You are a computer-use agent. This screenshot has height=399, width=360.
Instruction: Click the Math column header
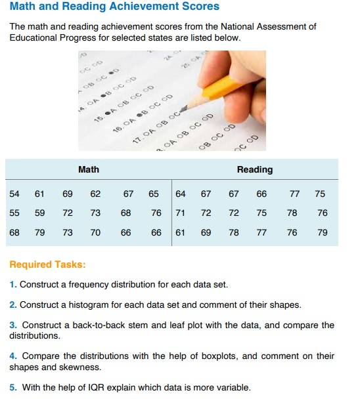click(x=89, y=169)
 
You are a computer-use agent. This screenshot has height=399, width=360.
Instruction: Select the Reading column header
click(x=255, y=169)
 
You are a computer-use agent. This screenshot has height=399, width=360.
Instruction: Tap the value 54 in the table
click(x=14, y=194)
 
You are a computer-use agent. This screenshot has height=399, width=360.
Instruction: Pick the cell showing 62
click(x=96, y=194)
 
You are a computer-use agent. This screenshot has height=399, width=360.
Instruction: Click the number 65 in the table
click(x=154, y=194)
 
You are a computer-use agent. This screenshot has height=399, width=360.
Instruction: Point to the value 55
click(x=14, y=213)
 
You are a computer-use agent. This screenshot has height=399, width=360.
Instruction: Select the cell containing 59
click(x=40, y=213)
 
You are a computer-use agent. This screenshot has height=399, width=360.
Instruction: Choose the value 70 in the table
click(x=96, y=232)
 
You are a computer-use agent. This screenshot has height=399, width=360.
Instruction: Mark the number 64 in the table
click(x=181, y=194)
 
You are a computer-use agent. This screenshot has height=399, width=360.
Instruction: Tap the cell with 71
click(x=181, y=213)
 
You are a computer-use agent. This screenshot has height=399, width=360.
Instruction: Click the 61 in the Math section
click(x=40, y=194)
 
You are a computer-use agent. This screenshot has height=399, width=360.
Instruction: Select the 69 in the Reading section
click(x=206, y=232)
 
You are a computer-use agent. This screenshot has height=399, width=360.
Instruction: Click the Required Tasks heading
click(x=47, y=265)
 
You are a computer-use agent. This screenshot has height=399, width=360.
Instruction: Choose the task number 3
click(x=13, y=325)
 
